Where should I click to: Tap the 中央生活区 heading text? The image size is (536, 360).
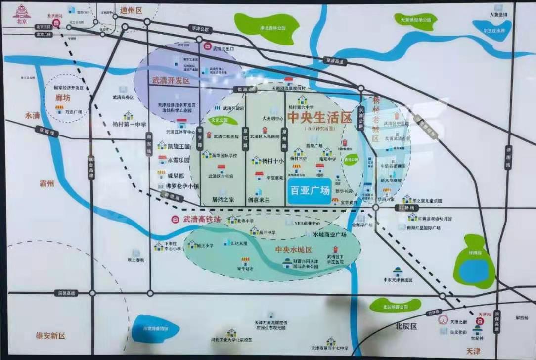click(x=319, y=118)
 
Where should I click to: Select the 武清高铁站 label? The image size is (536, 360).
click(x=202, y=219)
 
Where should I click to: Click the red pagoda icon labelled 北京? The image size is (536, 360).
click(x=21, y=12)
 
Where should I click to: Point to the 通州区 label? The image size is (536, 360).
click(x=131, y=10)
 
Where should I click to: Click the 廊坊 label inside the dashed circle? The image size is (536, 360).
click(x=63, y=98)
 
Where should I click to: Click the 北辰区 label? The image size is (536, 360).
click(x=406, y=327)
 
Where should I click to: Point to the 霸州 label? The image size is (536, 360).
click(x=49, y=183)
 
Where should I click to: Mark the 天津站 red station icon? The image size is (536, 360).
click(x=479, y=321)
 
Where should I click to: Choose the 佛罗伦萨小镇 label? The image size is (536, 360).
click(x=181, y=186)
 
